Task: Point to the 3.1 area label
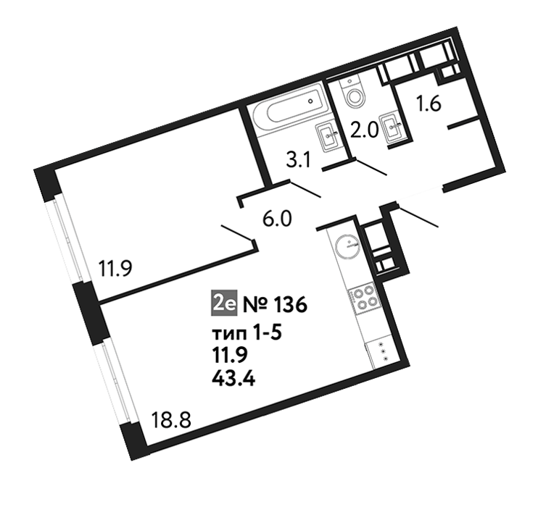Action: click(x=298, y=161)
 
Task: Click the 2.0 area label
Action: click(x=364, y=130)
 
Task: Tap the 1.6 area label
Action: click(x=429, y=104)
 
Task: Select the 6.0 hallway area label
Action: click(x=277, y=219)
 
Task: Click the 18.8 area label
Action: click(x=171, y=420)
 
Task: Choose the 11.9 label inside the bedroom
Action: click(x=115, y=269)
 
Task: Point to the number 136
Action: click(x=289, y=306)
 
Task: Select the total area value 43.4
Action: click(x=233, y=379)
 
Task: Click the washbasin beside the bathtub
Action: click(x=328, y=137)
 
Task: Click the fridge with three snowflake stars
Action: click(x=382, y=353)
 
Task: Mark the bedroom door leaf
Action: click(x=238, y=232)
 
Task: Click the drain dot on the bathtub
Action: click(x=310, y=101)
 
